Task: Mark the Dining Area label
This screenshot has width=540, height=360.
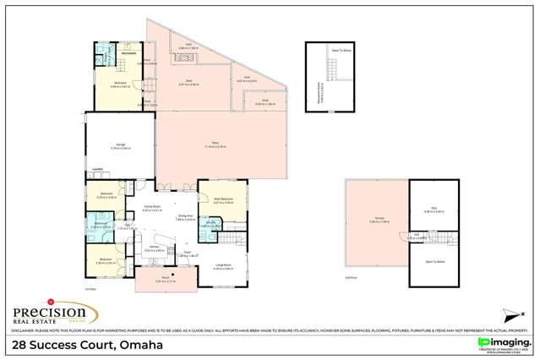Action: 186,215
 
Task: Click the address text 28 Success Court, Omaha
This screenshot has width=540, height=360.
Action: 89,345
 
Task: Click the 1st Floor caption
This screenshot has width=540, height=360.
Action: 90,289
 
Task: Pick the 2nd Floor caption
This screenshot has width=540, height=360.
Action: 349,277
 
